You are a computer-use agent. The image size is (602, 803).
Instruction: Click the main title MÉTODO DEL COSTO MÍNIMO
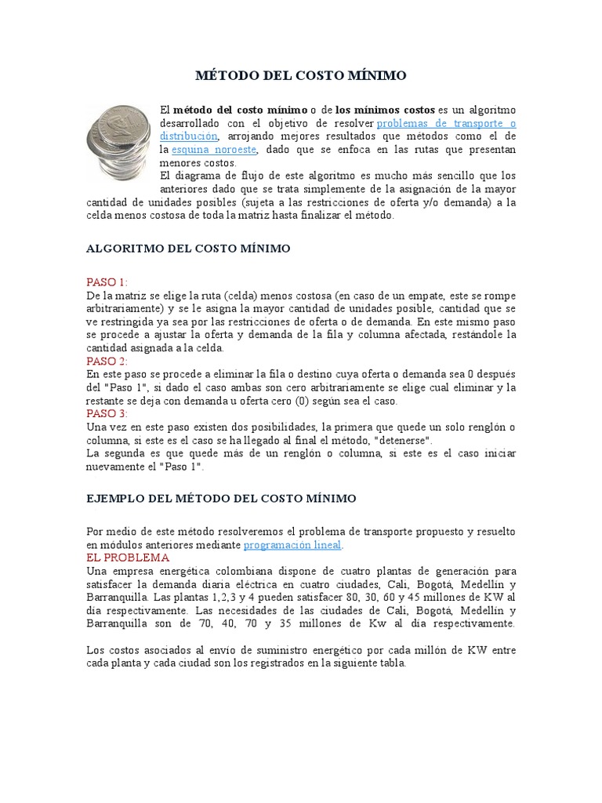pyautogui.click(x=300, y=75)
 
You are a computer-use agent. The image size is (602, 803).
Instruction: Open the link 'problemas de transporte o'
pyautogui.click(x=447, y=123)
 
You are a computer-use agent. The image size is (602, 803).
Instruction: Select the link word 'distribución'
pyautogui.click(x=188, y=136)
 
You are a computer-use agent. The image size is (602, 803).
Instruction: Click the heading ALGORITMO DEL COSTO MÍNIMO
pyautogui.click(x=187, y=249)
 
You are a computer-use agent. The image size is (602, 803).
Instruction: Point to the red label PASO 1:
pyautogui.click(x=107, y=282)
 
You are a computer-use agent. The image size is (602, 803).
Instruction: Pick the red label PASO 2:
pyautogui.click(x=107, y=361)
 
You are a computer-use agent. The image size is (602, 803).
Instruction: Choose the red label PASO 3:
pyautogui.click(x=107, y=413)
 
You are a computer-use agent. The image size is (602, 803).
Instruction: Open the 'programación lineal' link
pyautogui.click(x=292, y=544)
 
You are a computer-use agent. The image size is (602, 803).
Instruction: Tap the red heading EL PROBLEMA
pyautogui.click(x=127, y=558)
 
